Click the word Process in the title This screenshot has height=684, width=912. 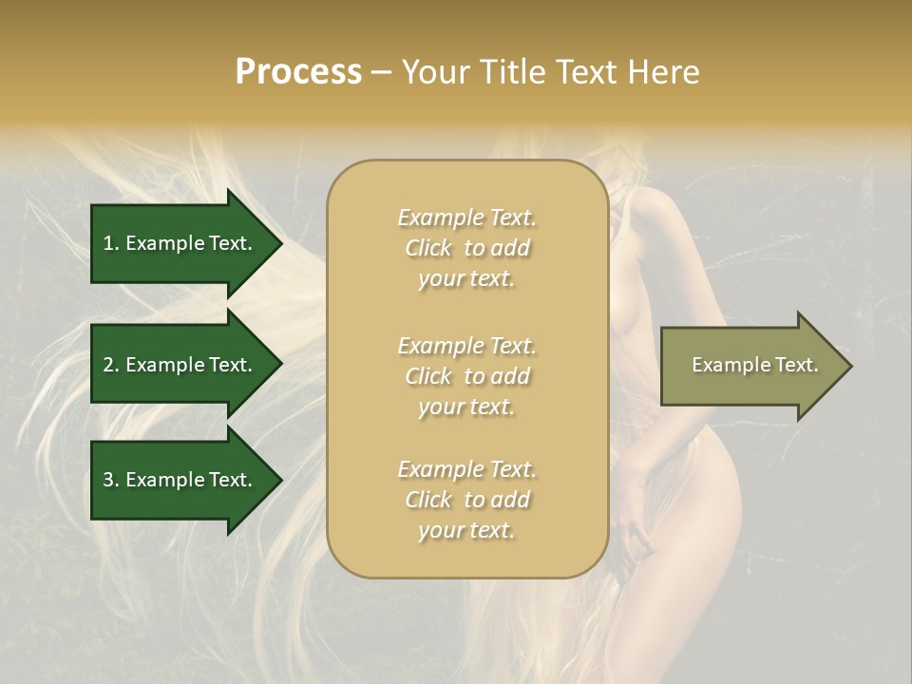coord(298,72)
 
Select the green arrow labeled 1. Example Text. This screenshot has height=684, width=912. coord(180,243)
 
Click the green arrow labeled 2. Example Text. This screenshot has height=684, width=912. coord(180,365)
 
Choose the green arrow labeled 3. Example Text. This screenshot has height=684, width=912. coord(180,480)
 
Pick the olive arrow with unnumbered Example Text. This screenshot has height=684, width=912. coord(750,366)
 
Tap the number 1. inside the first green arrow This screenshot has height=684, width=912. coord(111,243)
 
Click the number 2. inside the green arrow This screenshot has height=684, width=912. coord(111,365)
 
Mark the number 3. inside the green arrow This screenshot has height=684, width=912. coord(111,480)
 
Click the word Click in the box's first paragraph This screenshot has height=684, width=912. coord(428,248)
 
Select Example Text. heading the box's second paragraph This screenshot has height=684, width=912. coord(466,346)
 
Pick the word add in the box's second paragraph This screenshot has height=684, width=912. coord(511,376)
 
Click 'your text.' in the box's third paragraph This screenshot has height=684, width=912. coord(466,530)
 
